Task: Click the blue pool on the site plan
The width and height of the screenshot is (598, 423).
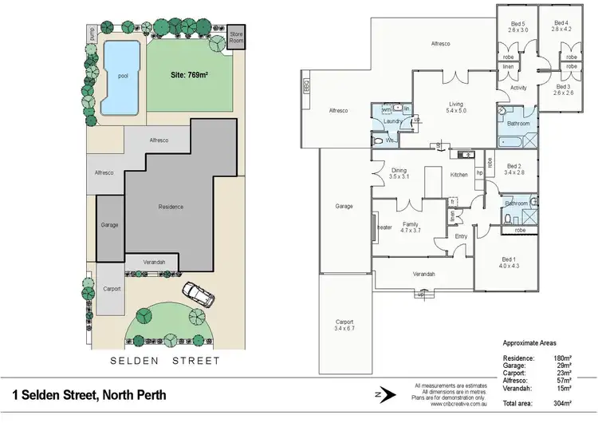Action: (121, 77)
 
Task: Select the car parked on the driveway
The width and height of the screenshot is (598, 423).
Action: (198, 295)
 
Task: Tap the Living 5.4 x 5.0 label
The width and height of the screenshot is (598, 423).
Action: (456, 107)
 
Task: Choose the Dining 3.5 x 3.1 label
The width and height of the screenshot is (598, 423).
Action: (399, 173)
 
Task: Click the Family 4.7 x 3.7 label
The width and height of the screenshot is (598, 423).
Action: (411, 227)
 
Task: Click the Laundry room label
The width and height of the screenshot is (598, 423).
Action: (391, 121)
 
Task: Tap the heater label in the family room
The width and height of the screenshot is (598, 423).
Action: (384, 227)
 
